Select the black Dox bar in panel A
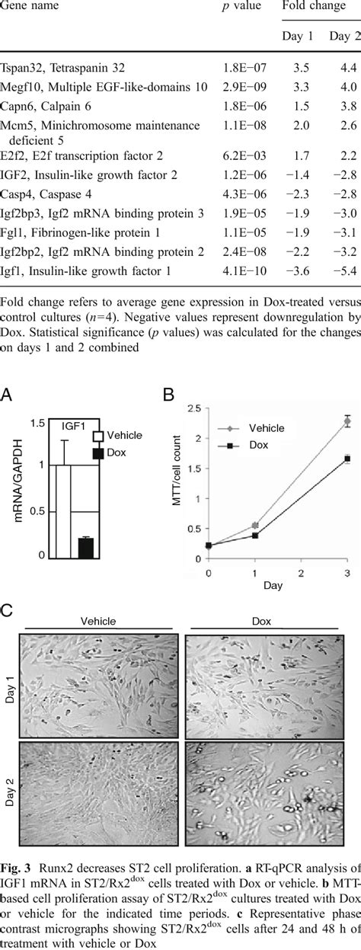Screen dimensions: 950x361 coord(85,549)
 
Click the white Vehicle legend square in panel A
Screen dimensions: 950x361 coord(97,436)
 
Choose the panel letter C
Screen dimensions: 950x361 coord(8,611)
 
